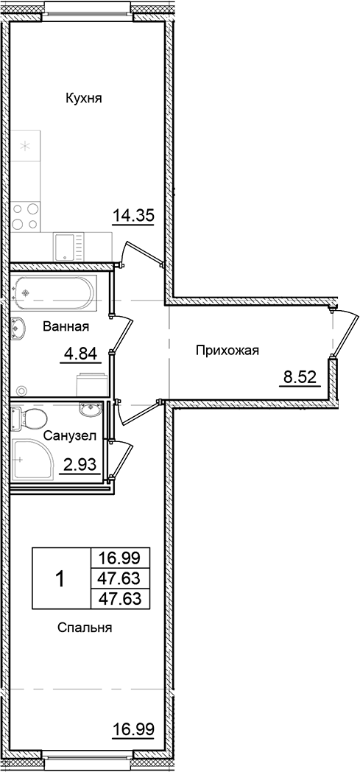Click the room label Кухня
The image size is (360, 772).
tap(83, 98)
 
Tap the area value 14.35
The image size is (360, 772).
tap(133, 216)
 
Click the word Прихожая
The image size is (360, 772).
tap(227, 351)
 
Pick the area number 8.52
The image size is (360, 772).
tap(300, 379)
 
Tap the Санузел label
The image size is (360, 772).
tap(69, 437)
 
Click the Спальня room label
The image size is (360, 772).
tap(84, 628)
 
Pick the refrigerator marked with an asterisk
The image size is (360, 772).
tap(27, 146)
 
